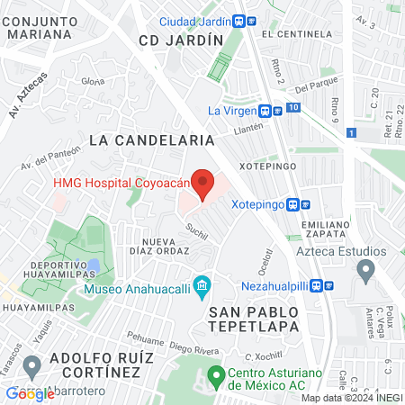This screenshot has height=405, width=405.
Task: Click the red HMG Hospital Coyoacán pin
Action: point(203,183)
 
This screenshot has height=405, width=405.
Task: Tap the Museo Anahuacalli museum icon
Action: point(202,289)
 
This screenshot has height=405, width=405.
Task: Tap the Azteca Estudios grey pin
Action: point(365,268)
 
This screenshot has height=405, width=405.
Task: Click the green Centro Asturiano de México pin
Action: point(215,373)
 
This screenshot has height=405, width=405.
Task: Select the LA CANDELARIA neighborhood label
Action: point(152,140)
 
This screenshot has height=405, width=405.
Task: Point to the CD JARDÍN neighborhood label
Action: point(181,40)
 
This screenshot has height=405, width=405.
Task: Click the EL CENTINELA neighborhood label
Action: point(292,33)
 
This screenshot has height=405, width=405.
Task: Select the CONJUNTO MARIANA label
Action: point(38,26)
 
